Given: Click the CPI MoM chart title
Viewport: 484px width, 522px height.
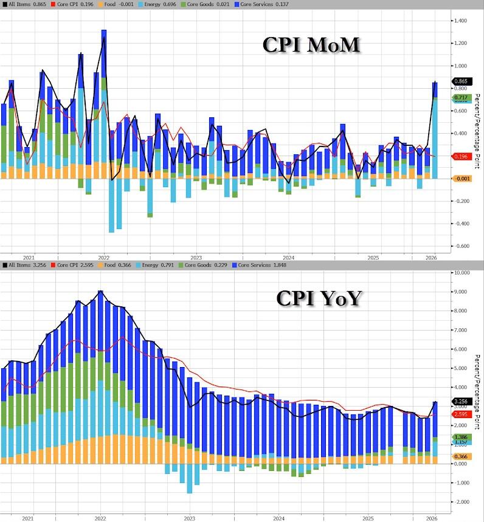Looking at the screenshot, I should (x=311, y=46).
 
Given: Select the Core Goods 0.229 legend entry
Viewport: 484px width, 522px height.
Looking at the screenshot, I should (x=165, y=265).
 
